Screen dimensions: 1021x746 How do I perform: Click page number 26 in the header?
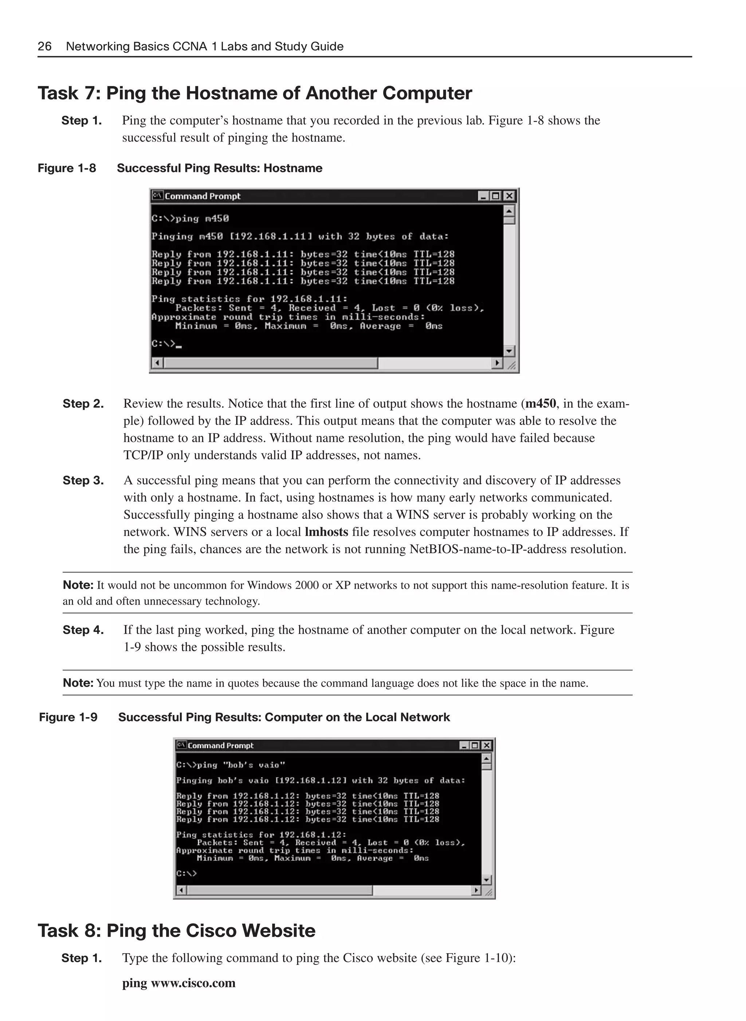[44, 46]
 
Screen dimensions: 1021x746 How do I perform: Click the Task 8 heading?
[177, 930]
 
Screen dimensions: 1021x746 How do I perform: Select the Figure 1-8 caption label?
[67, 168]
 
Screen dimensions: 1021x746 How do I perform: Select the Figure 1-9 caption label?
[68, 717]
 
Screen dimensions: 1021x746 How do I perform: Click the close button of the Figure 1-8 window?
[509, 196]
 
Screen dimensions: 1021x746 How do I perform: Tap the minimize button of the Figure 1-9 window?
[464, 746]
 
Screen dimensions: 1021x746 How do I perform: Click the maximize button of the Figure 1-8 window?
[496, 196]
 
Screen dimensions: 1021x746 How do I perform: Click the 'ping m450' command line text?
[190, 219]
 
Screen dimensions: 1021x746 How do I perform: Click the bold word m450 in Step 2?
[541, 403]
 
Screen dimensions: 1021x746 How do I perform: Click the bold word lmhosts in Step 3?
[326, 532]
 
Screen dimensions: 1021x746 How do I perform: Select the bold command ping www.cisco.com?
[179, 983]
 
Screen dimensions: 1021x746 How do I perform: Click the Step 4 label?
[83, 630]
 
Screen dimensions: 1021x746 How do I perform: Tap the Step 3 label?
[83, 480]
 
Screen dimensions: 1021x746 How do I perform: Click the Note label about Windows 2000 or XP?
[78, 585]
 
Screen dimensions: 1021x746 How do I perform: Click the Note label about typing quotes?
[78, 682]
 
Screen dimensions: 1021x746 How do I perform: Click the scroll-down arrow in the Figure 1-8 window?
[509, 351]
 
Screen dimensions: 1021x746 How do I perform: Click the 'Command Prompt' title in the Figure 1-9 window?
[220, 746]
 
